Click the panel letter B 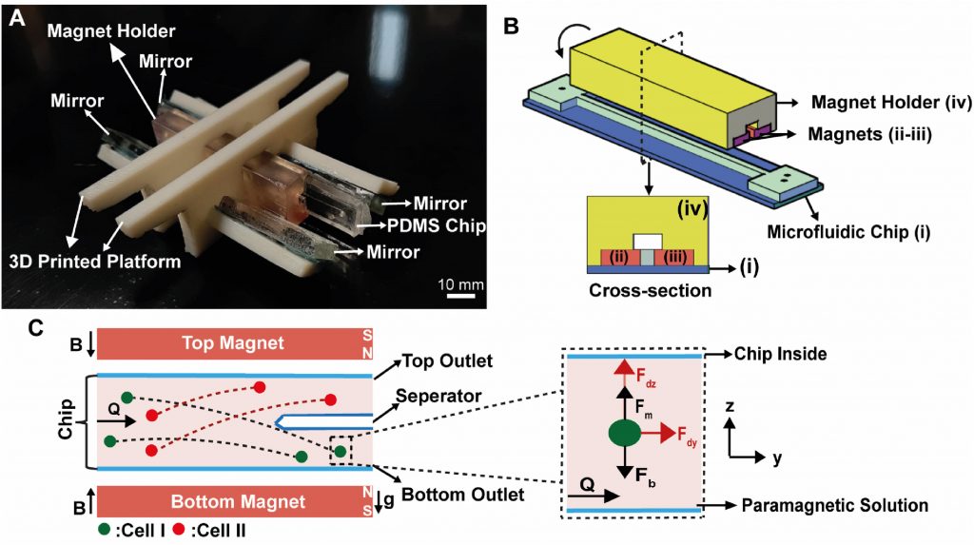(511, 26)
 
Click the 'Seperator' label (438, 393)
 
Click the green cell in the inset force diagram (624, 435)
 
